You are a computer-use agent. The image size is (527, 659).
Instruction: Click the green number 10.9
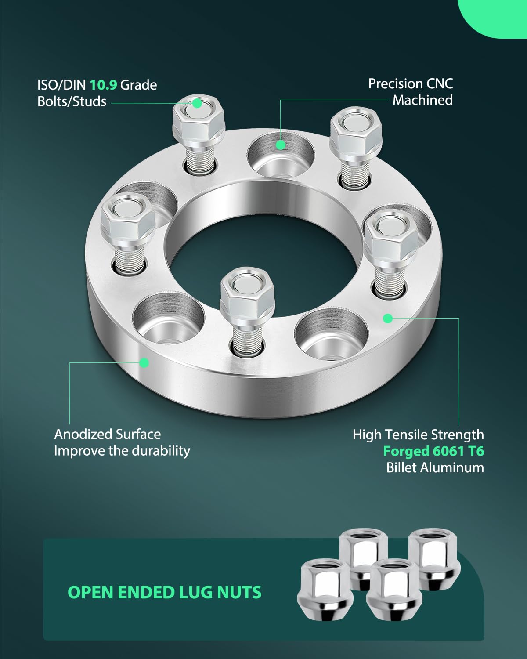(103, 84)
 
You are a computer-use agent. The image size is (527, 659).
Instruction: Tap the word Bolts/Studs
(72, 101)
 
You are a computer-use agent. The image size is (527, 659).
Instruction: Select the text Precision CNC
(410, 83)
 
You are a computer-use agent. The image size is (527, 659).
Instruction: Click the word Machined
(422, 100)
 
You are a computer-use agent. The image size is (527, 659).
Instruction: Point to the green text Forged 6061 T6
(433, 451)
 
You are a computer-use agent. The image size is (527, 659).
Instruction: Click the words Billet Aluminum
(435, 467)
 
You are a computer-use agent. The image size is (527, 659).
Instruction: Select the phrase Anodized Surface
(108, 434)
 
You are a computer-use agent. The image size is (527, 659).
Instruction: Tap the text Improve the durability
(122, 451)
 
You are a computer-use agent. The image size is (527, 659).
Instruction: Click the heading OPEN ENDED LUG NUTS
(165, 592)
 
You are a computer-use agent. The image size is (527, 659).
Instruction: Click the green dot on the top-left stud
(197, 104)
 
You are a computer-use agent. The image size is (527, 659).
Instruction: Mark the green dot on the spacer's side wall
(144, 362)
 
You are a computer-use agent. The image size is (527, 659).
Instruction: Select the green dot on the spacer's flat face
(387, 318)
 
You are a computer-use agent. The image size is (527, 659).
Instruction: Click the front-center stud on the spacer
(247, 308)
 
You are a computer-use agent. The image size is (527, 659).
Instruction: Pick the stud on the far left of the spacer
(127, 233)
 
